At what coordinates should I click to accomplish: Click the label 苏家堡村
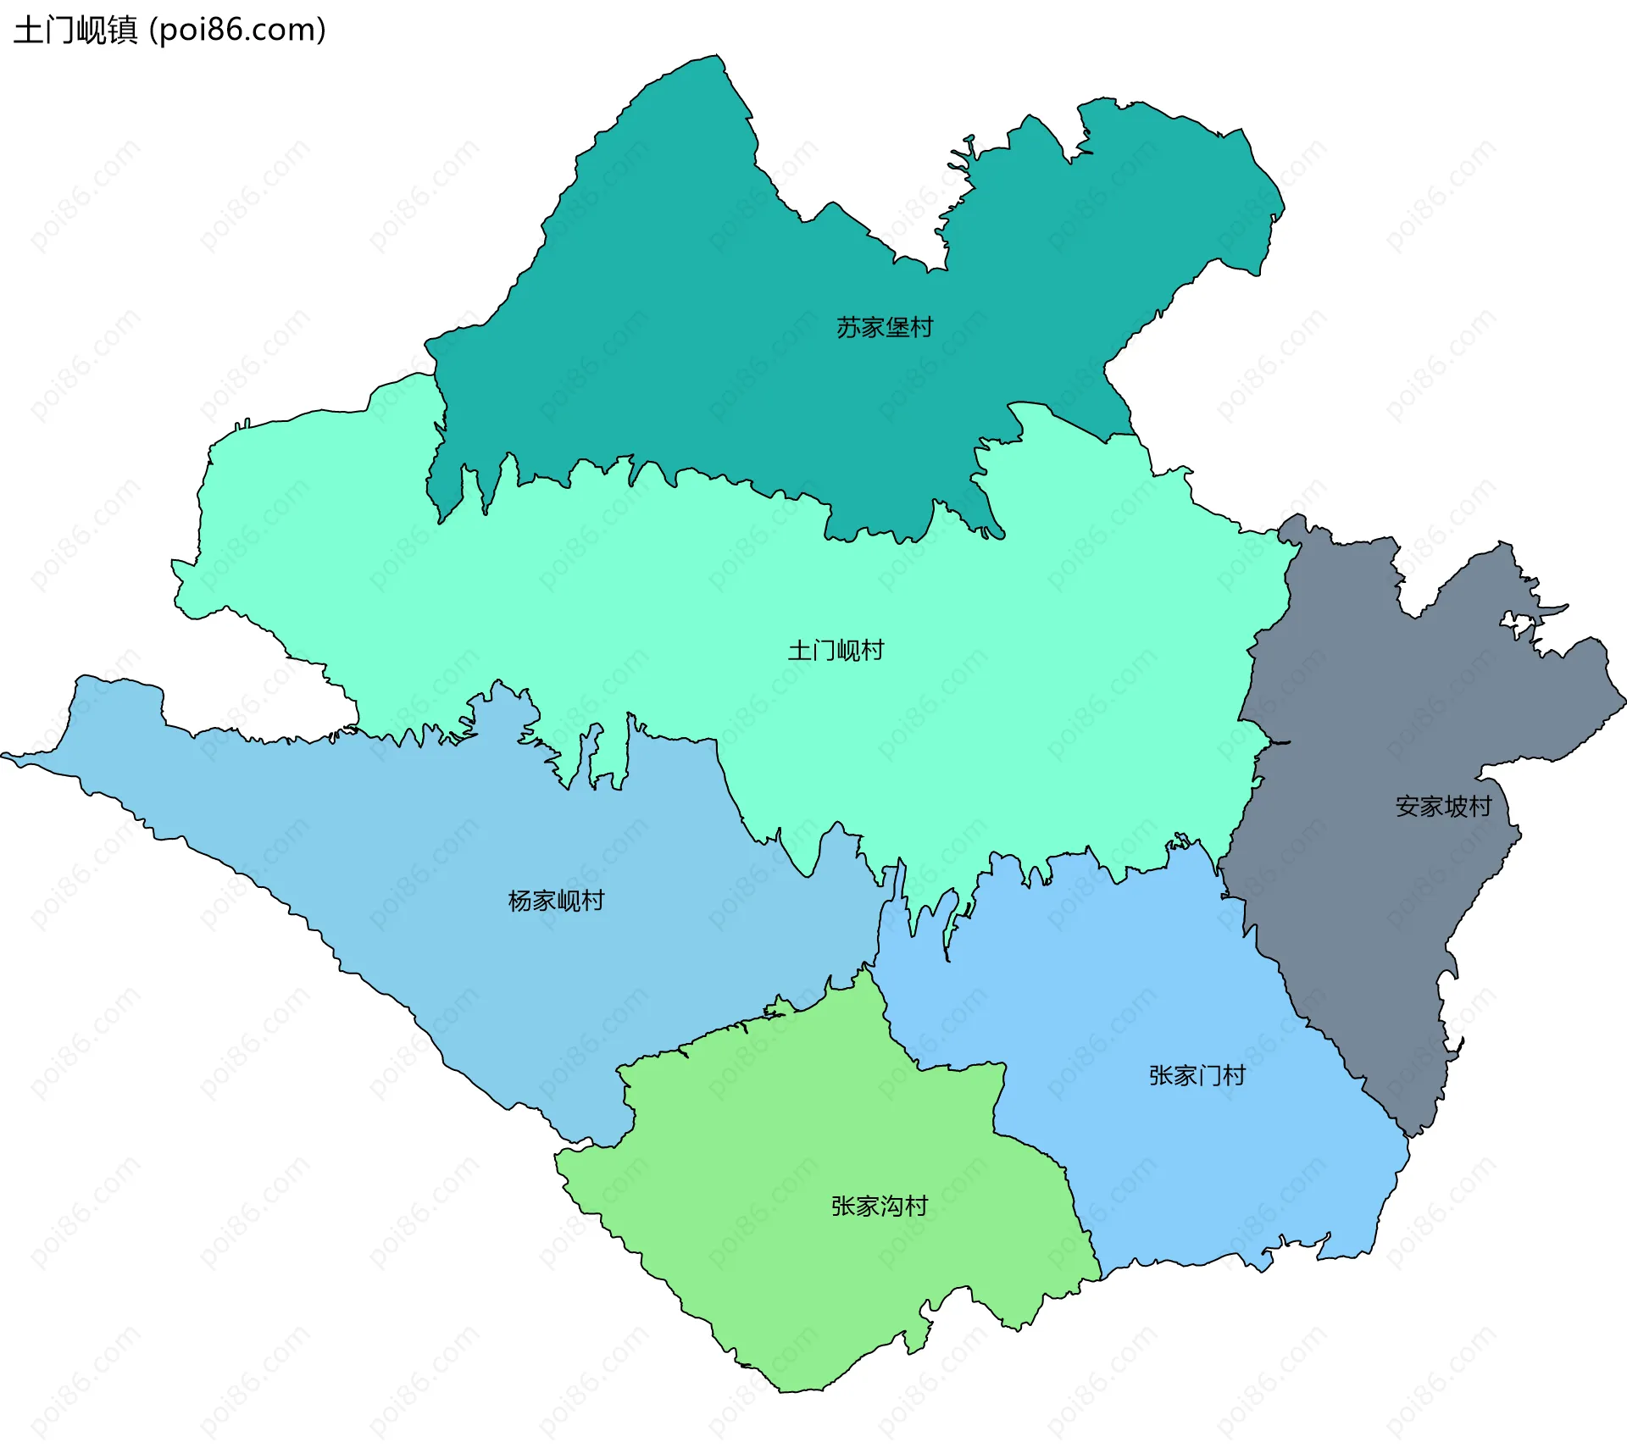click(x=884, y=327)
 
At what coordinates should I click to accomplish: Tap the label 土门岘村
click(x=836, y=650)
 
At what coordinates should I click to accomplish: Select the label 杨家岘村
click(x=556, y=900)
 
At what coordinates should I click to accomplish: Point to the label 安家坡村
click(x=1443, y=806)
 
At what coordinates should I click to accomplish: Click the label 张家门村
click(x=1197, y=1075)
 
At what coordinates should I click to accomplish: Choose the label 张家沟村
click(x=879, y=1206)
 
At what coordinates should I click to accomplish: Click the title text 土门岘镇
click(x=75, y=31)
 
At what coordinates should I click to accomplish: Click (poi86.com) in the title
click(x=237, y=31)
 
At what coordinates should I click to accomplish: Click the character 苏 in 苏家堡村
click(x=848, y=327)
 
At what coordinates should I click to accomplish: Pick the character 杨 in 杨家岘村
click(x=519, y=900)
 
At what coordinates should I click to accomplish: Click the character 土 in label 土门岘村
click(x=799, y=650)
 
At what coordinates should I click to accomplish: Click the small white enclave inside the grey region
click(x=1518, y=625)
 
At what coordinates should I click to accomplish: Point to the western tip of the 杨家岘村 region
click(x=5, y=755)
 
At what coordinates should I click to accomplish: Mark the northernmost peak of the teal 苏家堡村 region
click(x=719, y=58)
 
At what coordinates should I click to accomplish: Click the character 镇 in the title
click(x=122, y=31)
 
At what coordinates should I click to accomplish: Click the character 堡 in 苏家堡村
click(x=897, y=327)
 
